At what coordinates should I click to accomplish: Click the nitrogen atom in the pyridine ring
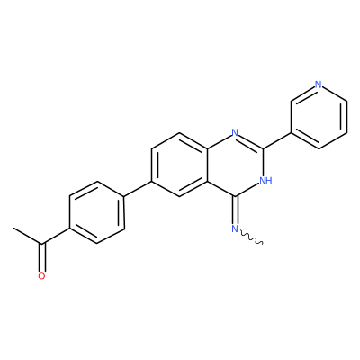(319, 85)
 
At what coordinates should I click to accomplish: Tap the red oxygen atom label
(41, 276)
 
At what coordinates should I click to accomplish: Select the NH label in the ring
(265, 181)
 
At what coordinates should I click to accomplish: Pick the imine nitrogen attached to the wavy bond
(235, 229)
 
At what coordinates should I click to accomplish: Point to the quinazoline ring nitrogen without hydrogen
(235, 132)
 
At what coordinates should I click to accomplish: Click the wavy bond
(251, 238)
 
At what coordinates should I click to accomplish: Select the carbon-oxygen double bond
(42, 257)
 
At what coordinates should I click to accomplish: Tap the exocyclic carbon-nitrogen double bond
(235, 211)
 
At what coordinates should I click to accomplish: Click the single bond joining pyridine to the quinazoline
(277, 140)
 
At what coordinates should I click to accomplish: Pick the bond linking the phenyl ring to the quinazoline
(138, 189)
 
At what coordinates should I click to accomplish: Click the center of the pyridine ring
(319, 116)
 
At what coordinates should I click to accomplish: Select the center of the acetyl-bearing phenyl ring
(97, 212)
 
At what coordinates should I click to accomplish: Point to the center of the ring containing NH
(235, 165)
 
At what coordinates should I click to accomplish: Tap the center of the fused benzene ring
(179, 165)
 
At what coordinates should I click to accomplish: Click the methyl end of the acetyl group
(14, 229)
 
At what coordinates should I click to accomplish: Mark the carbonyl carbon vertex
(42, 244)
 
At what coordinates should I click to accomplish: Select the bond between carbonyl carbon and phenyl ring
(56, 236)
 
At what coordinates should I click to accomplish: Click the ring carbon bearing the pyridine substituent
(263, 148)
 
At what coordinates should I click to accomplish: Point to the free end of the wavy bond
(263, 244)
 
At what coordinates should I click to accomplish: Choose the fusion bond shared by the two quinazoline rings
(207, 165)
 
